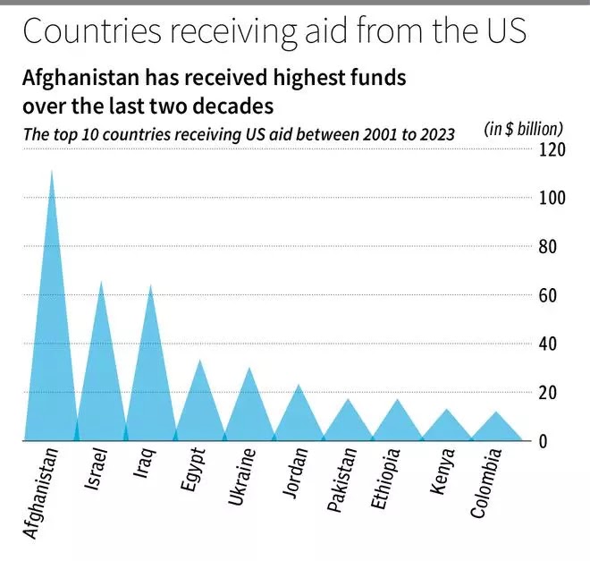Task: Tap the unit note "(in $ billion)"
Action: point(524,129)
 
